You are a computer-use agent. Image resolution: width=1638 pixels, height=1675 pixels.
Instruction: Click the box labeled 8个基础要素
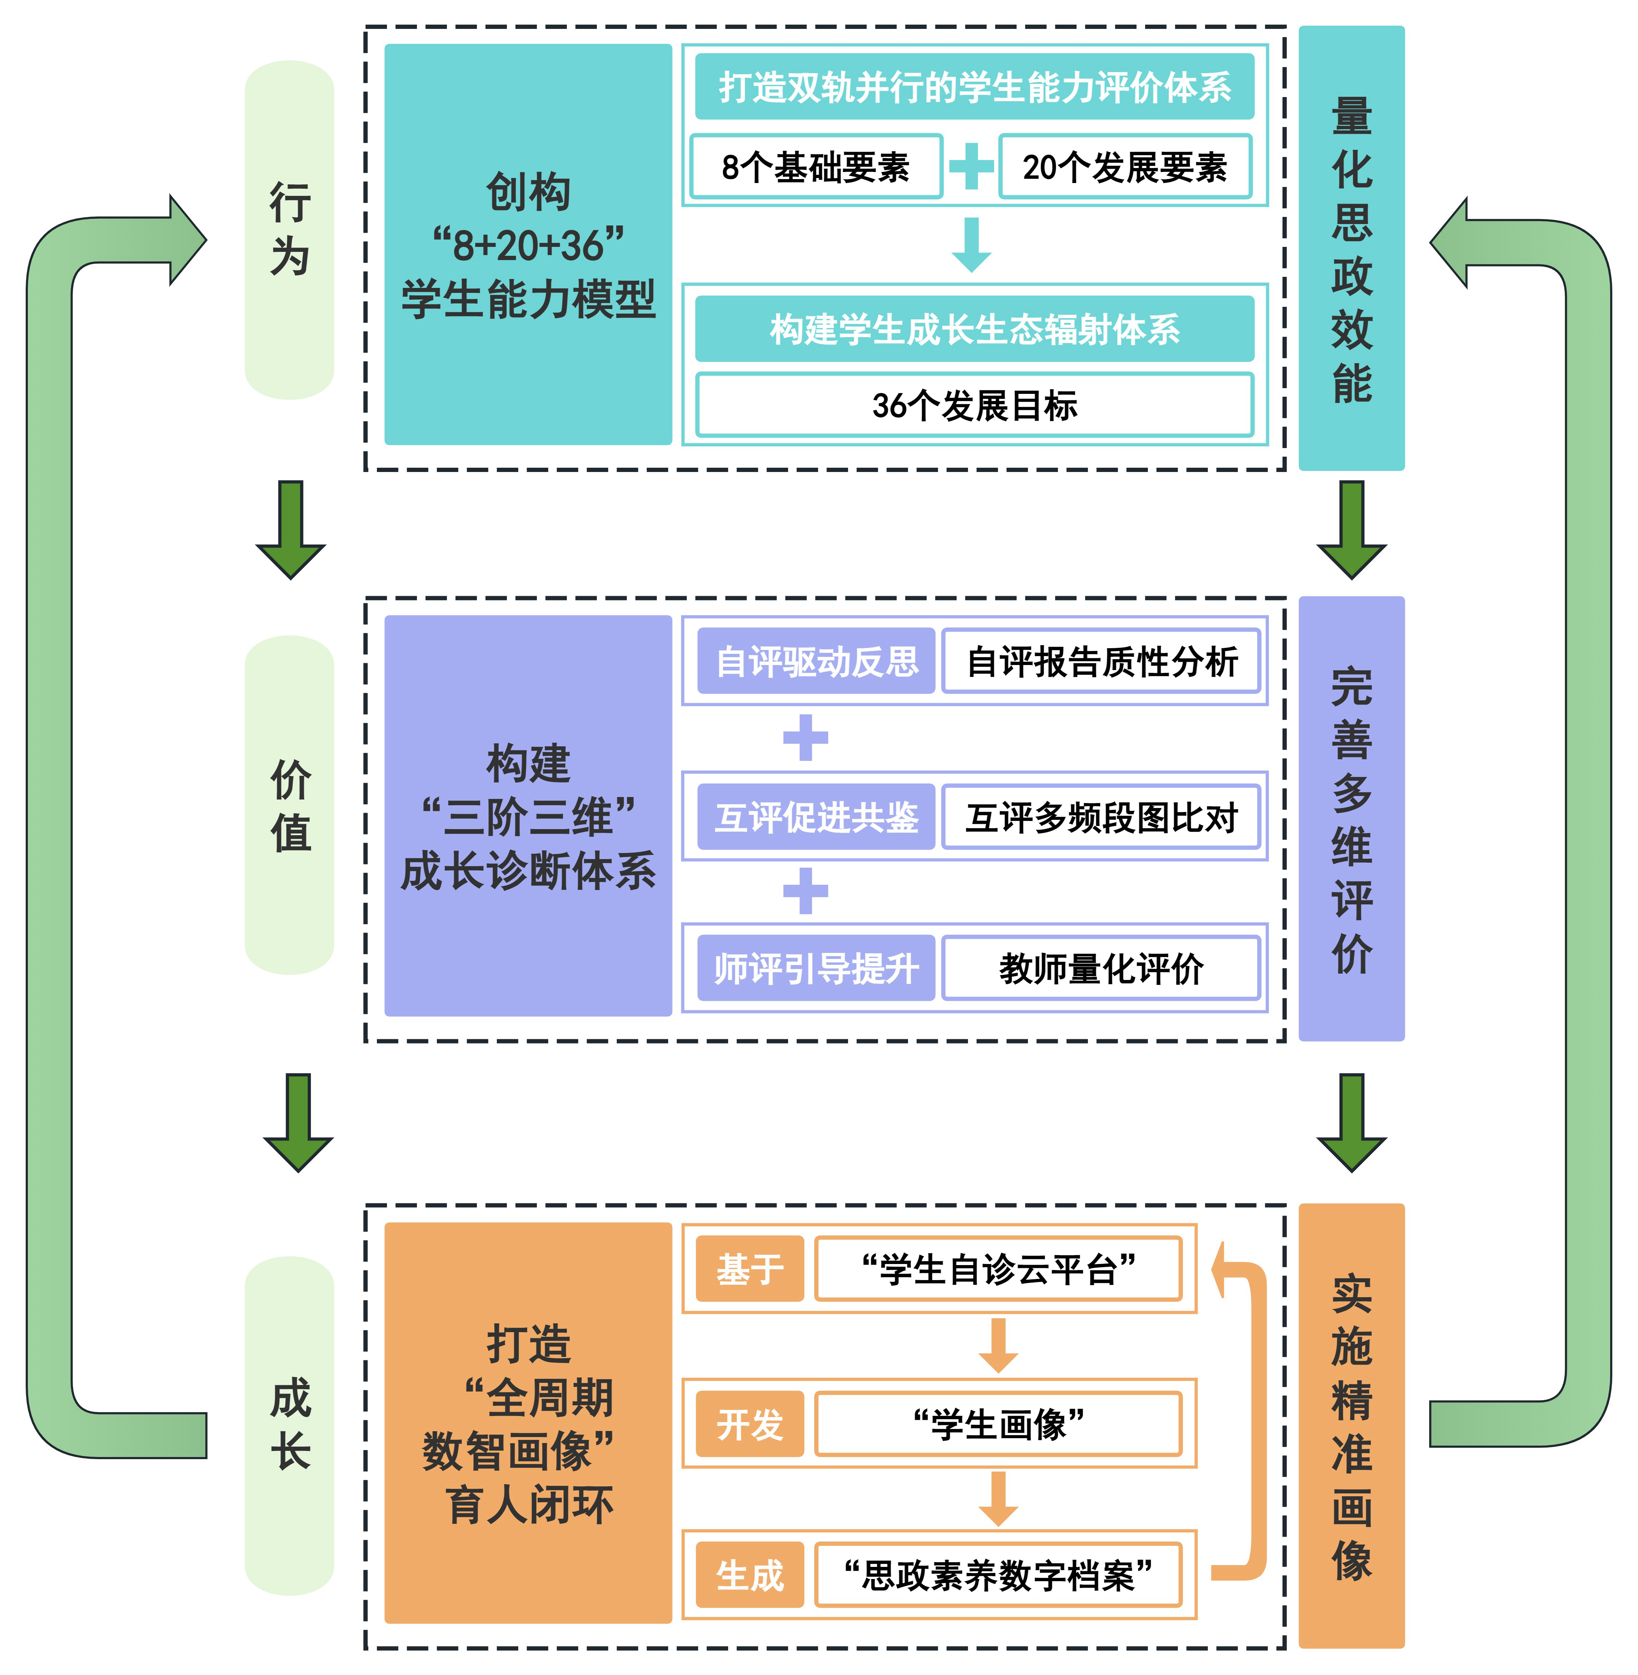(816, 167)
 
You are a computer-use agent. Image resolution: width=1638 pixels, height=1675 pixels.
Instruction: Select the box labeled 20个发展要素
(1124, 167)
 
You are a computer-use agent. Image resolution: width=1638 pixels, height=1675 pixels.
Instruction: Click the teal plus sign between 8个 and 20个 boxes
(971, 167)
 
